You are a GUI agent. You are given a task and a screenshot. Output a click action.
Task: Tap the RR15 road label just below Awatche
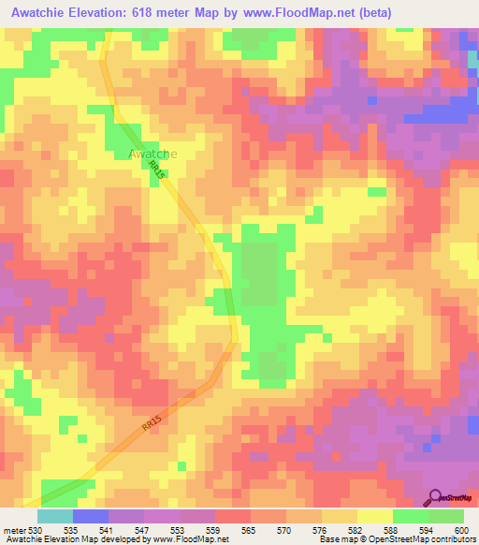[157, 170]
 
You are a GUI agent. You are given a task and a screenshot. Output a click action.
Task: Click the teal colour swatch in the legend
[54, 517]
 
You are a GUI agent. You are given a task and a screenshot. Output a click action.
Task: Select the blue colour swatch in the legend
[90, 517]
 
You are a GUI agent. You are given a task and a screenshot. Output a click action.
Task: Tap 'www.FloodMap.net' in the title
[300, 12]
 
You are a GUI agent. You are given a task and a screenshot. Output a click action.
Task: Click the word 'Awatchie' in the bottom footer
[22, 538]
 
